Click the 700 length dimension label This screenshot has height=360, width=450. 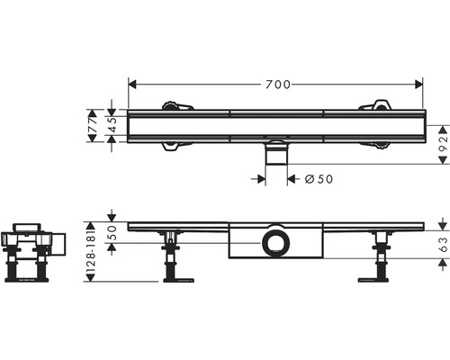276,85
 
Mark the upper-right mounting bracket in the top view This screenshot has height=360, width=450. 379,105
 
